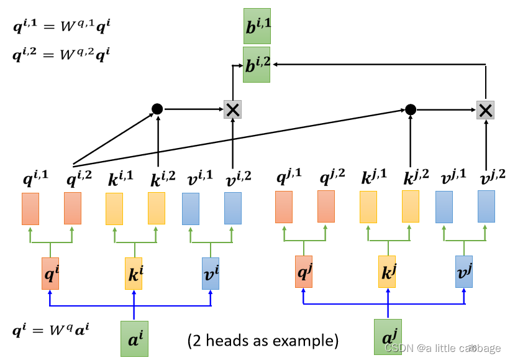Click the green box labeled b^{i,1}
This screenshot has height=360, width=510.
pyautogui.click(x=257, y=25)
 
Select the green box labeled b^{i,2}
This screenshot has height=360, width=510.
pyautogui.click(x=257, y=65)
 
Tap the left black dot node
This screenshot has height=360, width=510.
pyautogui.click(x=157, y=109)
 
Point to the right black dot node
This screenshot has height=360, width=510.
pyautogui.click(x=410, y=109)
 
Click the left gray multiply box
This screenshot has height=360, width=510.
pyautogui.click(x=232, y=110)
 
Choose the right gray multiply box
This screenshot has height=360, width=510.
pyautogui.click(x=485, y=110)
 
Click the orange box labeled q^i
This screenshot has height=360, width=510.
pyautogui.click(x=50, y=273)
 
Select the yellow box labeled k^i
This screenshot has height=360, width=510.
pyautogui.click(x=134, y=273)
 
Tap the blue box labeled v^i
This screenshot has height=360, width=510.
pyautogui.click(x=211, y=273)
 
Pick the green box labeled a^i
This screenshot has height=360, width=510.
pyautogui.click(x=134, y=339)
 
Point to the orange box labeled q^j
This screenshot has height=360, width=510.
pyautogui.click(x=304, y=271)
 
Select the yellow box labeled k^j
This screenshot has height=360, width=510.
pyautogui.click(x=387, y=271)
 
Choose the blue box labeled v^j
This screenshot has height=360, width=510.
pyautogui.click(x=464, y=271)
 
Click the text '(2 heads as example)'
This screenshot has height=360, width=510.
pyautogui.click(x=263, y=341)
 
